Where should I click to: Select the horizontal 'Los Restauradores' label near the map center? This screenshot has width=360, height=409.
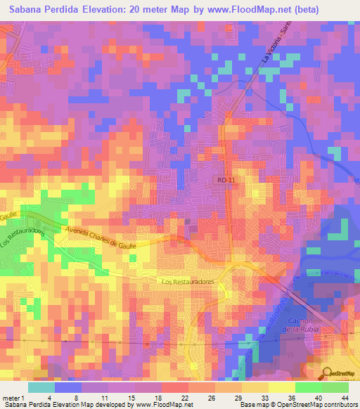(187, 282)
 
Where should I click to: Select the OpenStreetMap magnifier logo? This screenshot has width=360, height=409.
(328, 372)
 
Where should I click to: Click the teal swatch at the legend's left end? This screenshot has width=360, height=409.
(41, 387)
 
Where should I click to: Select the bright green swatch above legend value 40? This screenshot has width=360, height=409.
(308, 387)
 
